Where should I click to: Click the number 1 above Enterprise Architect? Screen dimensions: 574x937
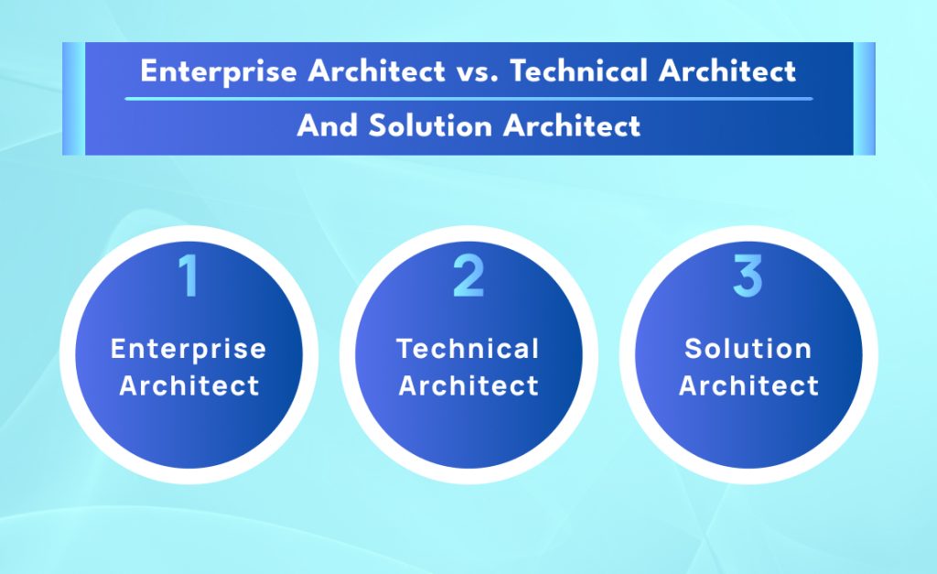click(x=188, y=276)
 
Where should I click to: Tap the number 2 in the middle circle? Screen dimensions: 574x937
click(x=468, y=276)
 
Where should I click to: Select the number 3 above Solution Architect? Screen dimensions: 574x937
click(x=748, y=276)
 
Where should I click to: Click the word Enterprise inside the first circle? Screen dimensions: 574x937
click(x=188, y=349)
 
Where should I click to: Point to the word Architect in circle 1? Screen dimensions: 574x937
click(x=188, y=385)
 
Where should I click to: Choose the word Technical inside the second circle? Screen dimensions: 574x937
click(x=468, y=349)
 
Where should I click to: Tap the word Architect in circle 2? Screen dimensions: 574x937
click(x=468, y=385)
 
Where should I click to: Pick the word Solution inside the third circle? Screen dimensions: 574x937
click(x=748, y=349)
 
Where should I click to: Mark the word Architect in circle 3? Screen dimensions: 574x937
click(x=748, y=385)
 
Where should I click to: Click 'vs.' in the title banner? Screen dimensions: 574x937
click(x=477, y=71)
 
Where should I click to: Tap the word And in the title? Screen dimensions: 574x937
click(x=327, y=125)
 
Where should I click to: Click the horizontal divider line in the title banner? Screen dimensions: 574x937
click(x=468, y=98)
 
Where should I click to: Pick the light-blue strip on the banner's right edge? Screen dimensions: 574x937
click(x=864, y=98)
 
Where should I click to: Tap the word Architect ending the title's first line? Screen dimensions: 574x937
click(x=731, y=71)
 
